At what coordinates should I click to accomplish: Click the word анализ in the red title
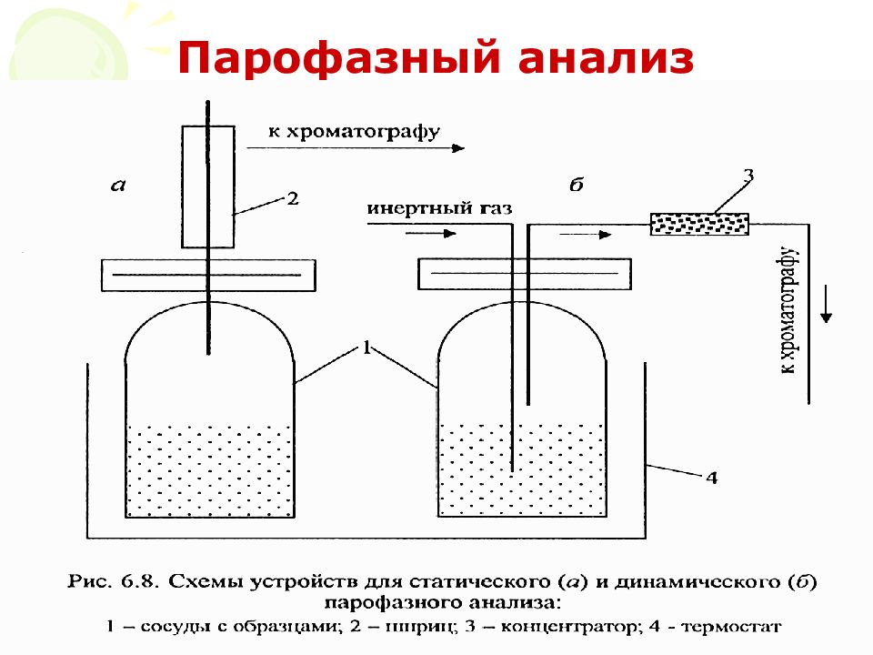[606, 58]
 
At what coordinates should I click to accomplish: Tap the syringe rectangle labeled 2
[208, 186]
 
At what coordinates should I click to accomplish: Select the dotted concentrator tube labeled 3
[699, 224]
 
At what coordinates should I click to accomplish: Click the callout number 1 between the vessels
[366, 348]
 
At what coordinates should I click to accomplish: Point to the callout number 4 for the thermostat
[711, 478]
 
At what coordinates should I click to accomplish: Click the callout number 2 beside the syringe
[293, 198]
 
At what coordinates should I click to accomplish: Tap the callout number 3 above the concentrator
[748, 176]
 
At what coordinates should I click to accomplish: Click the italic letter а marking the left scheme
[118, 185]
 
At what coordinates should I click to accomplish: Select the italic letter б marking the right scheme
[577, 184]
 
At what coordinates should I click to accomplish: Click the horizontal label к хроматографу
[354, 132]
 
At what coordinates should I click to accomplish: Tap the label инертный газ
[439, 208]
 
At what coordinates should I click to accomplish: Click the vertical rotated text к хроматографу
[788, 309]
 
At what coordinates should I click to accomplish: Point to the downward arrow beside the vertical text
[827, 304]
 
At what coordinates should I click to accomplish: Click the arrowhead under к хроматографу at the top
[458, 148]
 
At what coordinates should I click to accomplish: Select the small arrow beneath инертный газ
[430, 234]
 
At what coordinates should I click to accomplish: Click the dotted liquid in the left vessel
[210, 471]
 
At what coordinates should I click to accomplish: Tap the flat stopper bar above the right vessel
[525, 274]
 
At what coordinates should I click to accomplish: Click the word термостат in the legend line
[731, 627]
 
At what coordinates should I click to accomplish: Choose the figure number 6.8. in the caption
[136, 581]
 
